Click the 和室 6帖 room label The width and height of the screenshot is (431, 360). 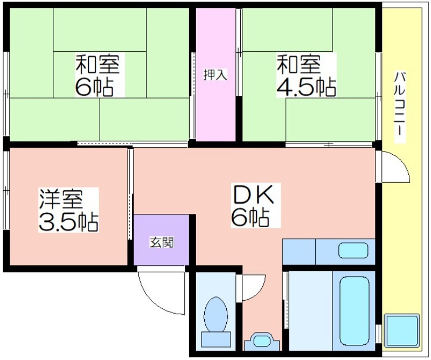(98, 75)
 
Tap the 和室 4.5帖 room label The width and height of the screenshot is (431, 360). (306, 75)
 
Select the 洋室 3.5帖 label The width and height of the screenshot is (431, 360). (68, 210)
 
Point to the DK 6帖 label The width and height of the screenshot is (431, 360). (253, 205)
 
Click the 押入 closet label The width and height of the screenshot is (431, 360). (215, 74)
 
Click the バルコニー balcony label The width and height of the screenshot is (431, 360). (400, 103)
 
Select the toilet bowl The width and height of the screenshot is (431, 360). (216, 314)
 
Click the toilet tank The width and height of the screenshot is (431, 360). (216, 339)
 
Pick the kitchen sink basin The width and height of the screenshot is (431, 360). (353, 250)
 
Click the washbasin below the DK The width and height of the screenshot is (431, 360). (262, 341)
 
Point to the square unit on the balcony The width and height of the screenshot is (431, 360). (402, 330)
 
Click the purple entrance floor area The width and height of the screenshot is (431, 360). (161, 240)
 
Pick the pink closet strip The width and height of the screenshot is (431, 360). (215, 74)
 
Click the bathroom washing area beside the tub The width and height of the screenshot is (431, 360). (311, 311)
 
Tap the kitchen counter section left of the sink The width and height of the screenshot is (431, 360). (299, 252)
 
